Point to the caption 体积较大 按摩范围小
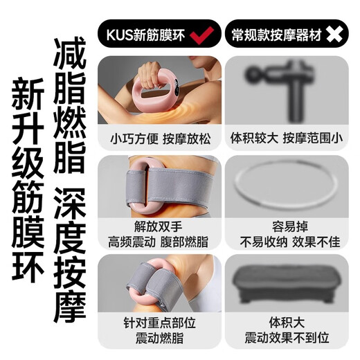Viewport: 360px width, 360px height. [287, 137]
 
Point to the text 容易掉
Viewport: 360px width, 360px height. [287, 227]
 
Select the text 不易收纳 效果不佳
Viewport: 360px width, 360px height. [287, 242]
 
